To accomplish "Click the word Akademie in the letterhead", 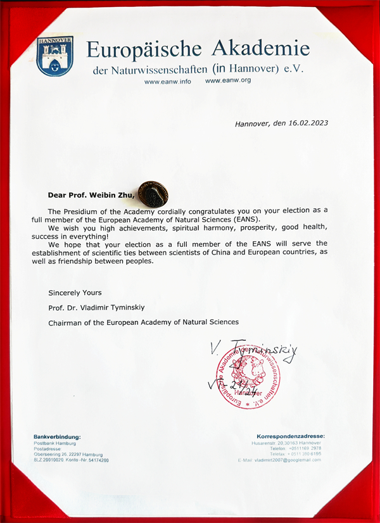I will [x=261, y=49].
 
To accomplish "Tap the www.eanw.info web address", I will [x=168, y=81].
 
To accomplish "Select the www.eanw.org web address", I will [x=229, y=80].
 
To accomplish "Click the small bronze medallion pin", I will [x=153, y=193].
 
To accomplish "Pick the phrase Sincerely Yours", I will [x=75, y=293].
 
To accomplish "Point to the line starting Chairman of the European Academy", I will [x=143, y=322].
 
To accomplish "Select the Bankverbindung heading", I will [x=57, y=437].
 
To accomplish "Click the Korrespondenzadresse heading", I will [x=291, y=436].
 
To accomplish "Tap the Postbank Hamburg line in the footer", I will [x=54, y=443].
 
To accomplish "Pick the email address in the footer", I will [x=279, y=460].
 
